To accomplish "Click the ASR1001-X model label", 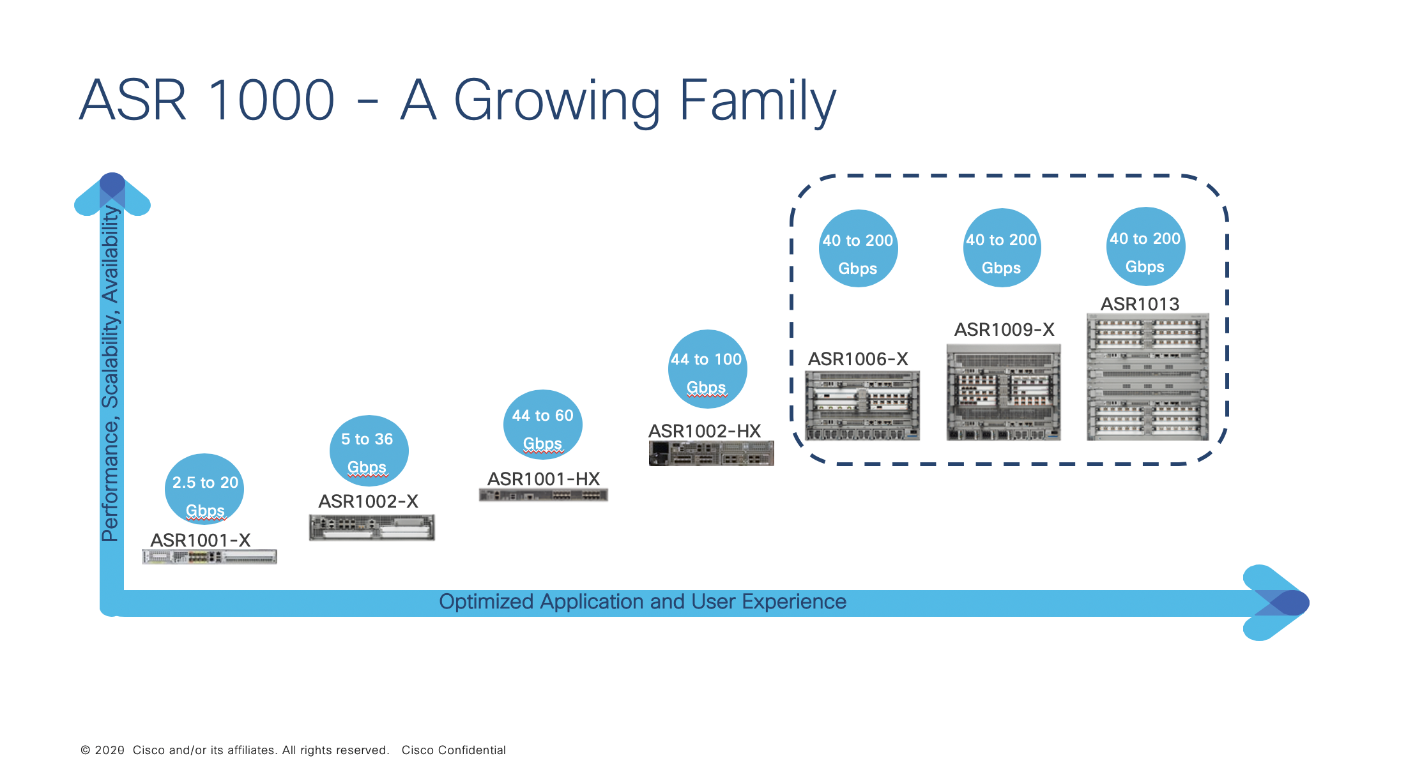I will [200, 540].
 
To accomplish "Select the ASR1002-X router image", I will [372, 527].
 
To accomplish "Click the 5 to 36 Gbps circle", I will [369, 450].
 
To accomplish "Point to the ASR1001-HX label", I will [544, 479].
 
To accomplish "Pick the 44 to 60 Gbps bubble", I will [542, 425].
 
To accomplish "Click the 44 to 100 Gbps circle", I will [707, 369].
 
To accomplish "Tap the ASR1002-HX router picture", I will [711, 453].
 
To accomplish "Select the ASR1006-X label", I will [858, 359].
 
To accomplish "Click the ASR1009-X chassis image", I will [1003, 393].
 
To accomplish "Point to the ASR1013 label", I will [1140, 304].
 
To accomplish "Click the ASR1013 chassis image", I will [1147, 377].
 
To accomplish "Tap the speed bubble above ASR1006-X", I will [858, 248].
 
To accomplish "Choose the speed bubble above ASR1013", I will [1145, 246].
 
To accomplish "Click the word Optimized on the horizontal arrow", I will [486, 601].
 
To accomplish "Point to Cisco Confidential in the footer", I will [454, 750].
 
